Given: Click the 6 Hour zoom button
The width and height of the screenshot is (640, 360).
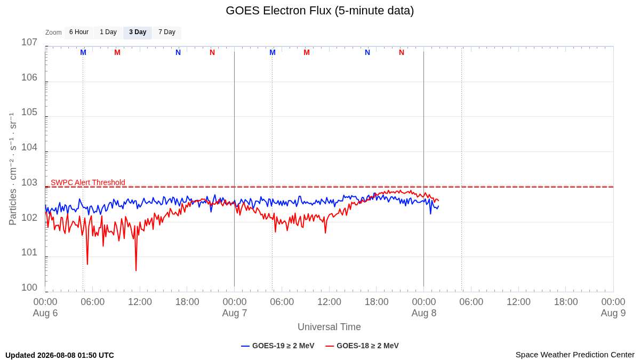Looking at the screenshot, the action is (x=79, y=33).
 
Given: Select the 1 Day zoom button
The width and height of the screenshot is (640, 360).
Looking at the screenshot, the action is (x=108, y=33).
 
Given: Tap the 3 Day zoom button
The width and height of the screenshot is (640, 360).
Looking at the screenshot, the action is (x=138, y=33).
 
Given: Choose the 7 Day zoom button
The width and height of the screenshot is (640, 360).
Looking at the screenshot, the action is (x=167, y=33).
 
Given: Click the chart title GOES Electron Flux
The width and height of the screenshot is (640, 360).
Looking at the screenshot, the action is (x=278, y=11).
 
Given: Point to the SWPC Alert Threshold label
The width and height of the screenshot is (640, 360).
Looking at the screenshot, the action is (x=88, y=182).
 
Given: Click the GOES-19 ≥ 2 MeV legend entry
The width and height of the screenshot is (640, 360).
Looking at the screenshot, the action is (x=278, y=346).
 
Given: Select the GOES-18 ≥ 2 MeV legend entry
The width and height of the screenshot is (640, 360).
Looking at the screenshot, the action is (x=362, y=346).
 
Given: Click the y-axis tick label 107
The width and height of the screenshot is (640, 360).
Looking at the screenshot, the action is (x=29, y=42).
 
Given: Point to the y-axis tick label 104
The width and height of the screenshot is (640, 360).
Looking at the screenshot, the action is (x=29, y=147).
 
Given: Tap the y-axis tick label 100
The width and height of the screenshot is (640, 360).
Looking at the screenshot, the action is (x=29, y=287).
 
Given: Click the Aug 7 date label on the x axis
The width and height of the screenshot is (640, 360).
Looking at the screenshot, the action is (x=235, y=313).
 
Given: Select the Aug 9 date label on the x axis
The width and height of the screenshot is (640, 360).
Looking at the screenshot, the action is (x=613, y=313).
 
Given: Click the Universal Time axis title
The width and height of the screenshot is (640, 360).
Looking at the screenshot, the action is (x=329, y=327).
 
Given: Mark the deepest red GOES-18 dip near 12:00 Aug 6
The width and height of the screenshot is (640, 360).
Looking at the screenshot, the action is (x=136, y=270).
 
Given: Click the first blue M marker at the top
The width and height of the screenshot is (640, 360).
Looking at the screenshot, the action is (x=83, y=53).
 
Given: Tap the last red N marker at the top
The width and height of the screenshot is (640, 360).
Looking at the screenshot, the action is (x=402, y=53).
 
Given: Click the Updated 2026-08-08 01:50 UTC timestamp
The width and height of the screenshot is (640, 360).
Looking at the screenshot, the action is (x=60, y=355).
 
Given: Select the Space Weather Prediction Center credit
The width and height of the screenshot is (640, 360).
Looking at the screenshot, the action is (x=575, y=355).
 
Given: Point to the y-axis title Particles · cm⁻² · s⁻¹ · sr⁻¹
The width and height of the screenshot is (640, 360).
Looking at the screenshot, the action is (x=13, y=169).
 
